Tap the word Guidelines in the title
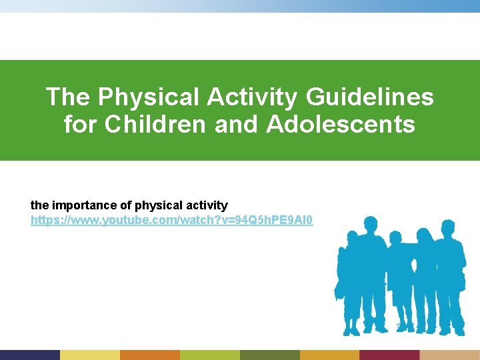pyautogui.click(x=369, y=97)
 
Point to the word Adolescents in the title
pyautogui.click(x=341, y=124)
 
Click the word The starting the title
pyautogui.click(x=69, y=97)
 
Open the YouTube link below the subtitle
pyautogui.click(x=171, y=219)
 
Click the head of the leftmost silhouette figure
pyautogui.click(x=351, y=237)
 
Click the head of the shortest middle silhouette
pyautogui.click(x=395, y=238)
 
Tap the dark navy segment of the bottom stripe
pyautogui.click(x=30, y=355)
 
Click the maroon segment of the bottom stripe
pyautogui.click(x=389, y=355)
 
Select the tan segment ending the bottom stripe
pyautogui.click(x=449, y=355)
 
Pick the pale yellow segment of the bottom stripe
pyautogui.click(x=90, y=355)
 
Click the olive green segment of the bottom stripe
pyautogui.click(x=269, y=355)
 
